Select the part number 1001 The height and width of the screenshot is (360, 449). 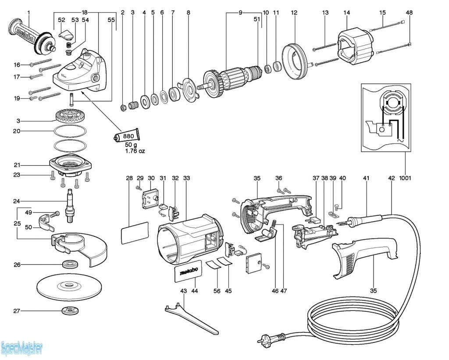405,178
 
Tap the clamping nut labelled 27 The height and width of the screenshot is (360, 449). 69,311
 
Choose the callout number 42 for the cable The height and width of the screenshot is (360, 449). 392,178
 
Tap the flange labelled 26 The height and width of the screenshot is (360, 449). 69,264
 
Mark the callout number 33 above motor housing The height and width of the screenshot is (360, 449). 186,178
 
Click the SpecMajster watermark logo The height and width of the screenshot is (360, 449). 22,349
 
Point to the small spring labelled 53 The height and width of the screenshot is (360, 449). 69,45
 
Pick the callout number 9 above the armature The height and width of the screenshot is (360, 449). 240,13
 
